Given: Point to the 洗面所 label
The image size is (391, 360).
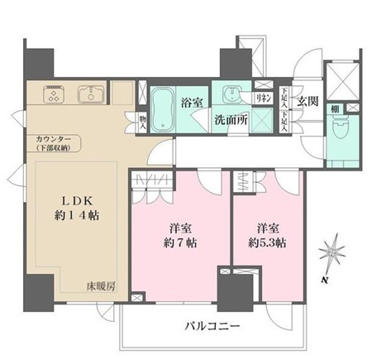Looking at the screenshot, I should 231,118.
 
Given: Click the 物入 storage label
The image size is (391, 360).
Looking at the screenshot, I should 142,122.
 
